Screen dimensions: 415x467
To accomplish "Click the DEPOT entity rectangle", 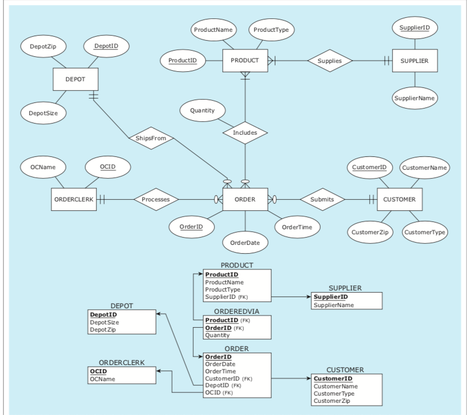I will (75, 79).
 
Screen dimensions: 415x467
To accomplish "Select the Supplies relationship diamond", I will (331, 61).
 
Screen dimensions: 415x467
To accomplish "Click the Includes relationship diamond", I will (245, 133).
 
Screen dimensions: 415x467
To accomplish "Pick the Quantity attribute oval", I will (202, 111).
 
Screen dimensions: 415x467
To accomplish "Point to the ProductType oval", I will (271, 29).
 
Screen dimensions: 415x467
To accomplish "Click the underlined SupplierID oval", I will (414, 27).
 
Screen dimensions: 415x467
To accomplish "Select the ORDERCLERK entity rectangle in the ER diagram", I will (74, 199).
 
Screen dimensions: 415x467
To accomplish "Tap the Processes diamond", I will (156, 199).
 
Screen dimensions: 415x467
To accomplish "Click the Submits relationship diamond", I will (322, 199).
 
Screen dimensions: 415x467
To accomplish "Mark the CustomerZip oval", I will (369, 231).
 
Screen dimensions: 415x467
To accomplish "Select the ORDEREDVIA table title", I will (237, 311).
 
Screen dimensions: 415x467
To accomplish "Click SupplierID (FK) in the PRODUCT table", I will (222, 297).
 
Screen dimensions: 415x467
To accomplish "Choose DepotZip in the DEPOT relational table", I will (102, 329).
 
